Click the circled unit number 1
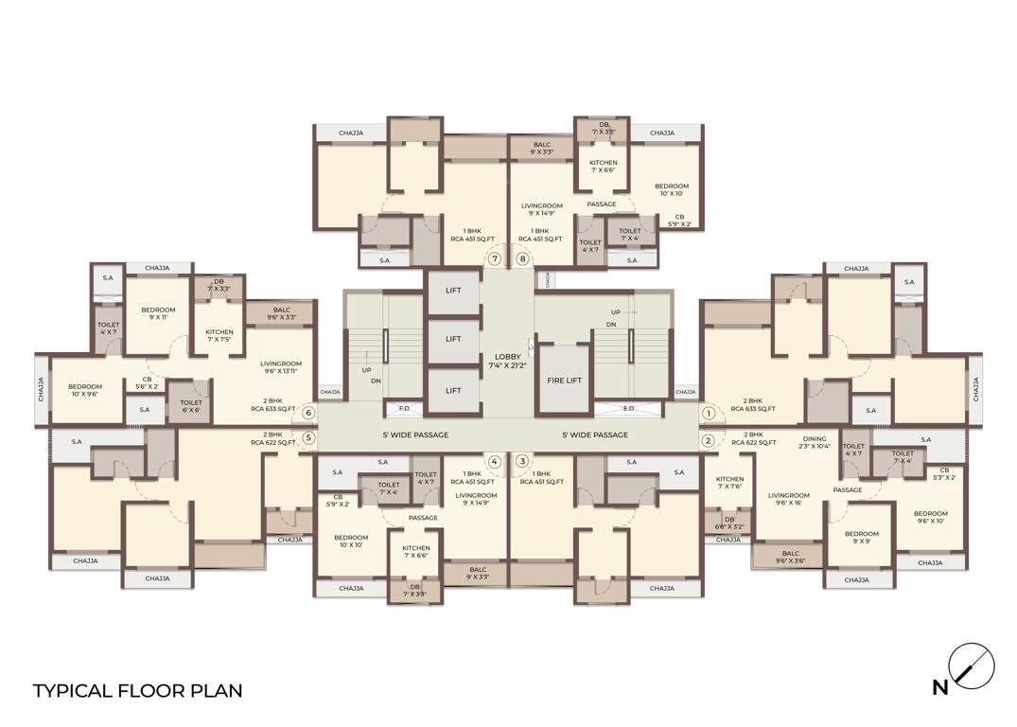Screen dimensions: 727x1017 pos(707,413)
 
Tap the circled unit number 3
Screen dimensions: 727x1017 pos(521,461)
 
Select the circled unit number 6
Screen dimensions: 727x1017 pos(308,413)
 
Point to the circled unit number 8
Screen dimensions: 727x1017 pos(521,258)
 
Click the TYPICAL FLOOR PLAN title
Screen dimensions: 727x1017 pos(138,690)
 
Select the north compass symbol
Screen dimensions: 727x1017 pos(972,665)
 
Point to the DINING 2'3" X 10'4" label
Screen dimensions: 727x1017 pos(815,443)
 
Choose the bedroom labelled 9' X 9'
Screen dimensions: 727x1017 pos(861,538)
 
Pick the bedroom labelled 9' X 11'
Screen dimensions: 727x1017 pos(158,314)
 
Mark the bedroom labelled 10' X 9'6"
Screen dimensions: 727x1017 pos(85,391)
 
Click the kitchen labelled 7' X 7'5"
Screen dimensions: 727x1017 pos(225,336)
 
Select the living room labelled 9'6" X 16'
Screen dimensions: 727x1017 pos(788,499)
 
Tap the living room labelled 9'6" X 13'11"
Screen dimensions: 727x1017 pos(281,368)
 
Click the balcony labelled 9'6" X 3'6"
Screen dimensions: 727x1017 pos(790,558)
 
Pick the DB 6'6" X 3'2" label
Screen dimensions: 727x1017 pos(728,523)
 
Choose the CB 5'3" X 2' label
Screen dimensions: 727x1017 pos(943,474)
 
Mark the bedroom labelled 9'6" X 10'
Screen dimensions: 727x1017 pos(930,517)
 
